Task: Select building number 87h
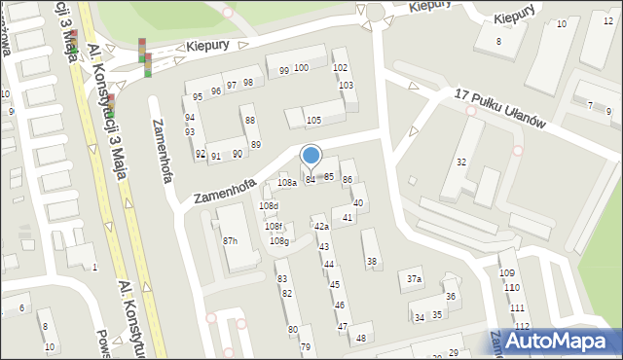tap(231, 240)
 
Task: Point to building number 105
tap(313, 120)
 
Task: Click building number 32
tap(461, 162)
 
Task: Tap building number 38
tap(372, 261)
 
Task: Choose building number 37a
tap(415, 280)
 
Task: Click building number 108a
tap(286, 183)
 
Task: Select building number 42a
tap(320, 227)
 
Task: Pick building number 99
tap(283, 70)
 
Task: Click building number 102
tap(340, 67)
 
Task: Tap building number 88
tap(250, 120)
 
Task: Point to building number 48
tap(361, 338)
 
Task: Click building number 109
tap(507, 272)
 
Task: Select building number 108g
tap(279, 240)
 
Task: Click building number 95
tap(198, 96)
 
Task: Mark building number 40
tap(358, 202)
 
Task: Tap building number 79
tap(305, 346)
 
